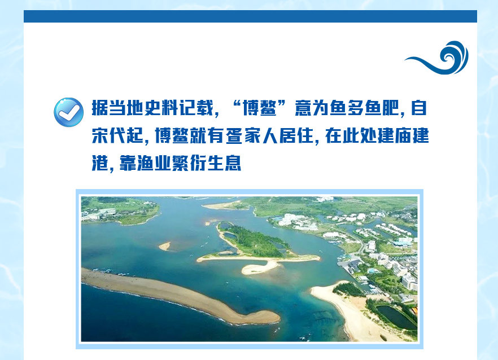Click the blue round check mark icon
pos(69,112)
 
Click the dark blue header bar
pos(250,16)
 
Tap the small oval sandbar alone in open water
pos(165,245)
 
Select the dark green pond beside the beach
pos(396,316)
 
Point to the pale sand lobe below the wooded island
pos(259,268)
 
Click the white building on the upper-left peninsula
pos(107,212)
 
